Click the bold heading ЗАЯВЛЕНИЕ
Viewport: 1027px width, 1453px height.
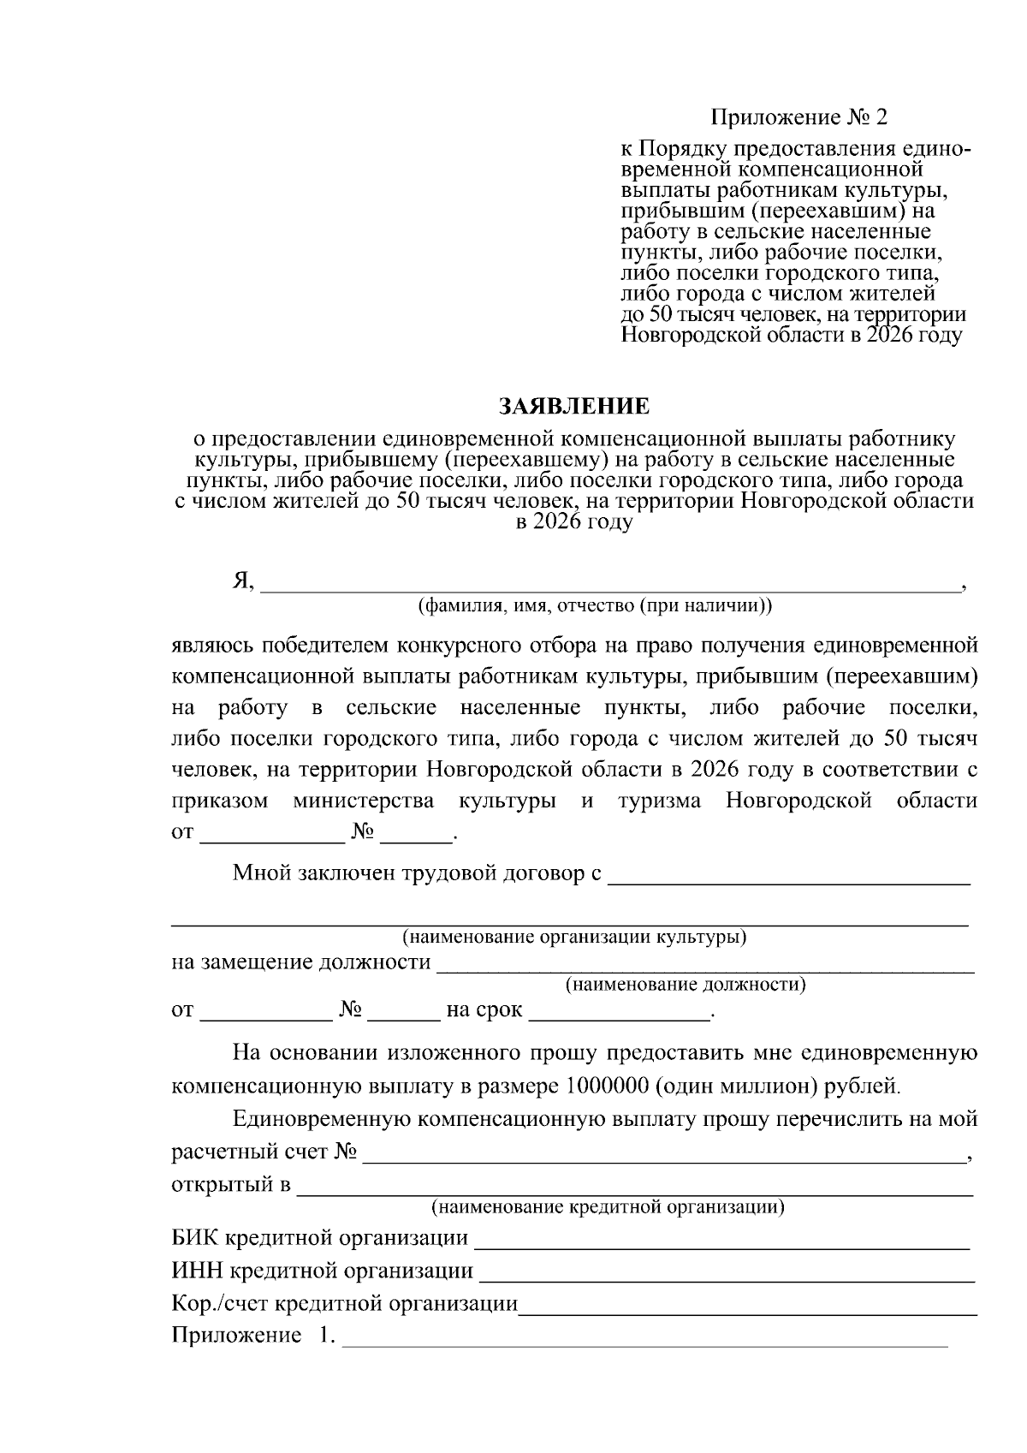[x=574, y=405]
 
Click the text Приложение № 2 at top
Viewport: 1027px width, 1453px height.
[x=793, y=116]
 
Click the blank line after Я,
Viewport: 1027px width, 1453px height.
[x=609, y=585]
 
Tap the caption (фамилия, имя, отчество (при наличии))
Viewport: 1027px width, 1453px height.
[x=594, y=606]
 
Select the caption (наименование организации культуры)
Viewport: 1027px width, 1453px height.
[x=574, y=937]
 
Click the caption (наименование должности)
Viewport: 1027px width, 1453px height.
[x=686, y=985]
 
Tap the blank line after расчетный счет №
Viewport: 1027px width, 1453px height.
[x=663, y=1154]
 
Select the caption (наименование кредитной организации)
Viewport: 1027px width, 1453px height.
[x=608, y=1208]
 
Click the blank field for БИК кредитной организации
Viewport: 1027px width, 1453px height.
[x=721, y=1241]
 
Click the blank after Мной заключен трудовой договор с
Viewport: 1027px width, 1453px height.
[x=788, y=877]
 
